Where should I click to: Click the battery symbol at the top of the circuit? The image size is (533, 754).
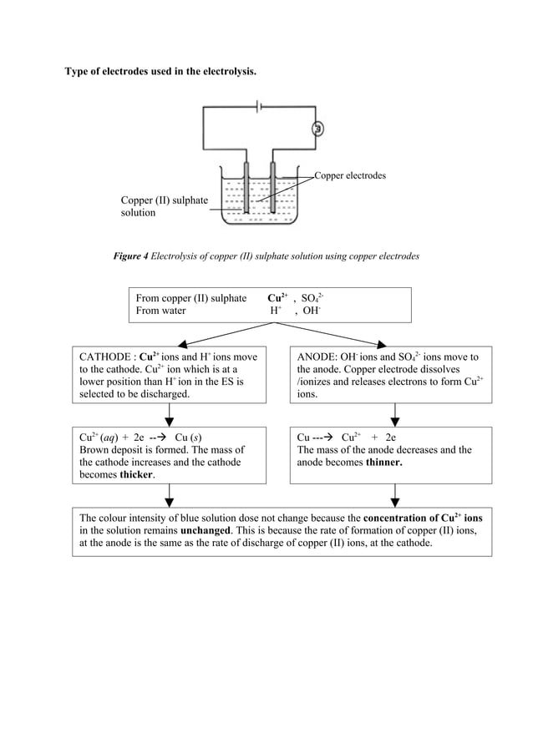click(261, 107)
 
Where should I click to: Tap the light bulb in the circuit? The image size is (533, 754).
click(317, 129)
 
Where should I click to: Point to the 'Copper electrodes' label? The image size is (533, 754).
click(350, 176)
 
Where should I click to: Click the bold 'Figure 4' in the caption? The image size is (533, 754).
click(130, 255)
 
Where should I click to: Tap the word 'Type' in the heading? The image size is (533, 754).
click(79, 72)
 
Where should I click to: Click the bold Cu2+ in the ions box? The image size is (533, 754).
click(277, 298)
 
